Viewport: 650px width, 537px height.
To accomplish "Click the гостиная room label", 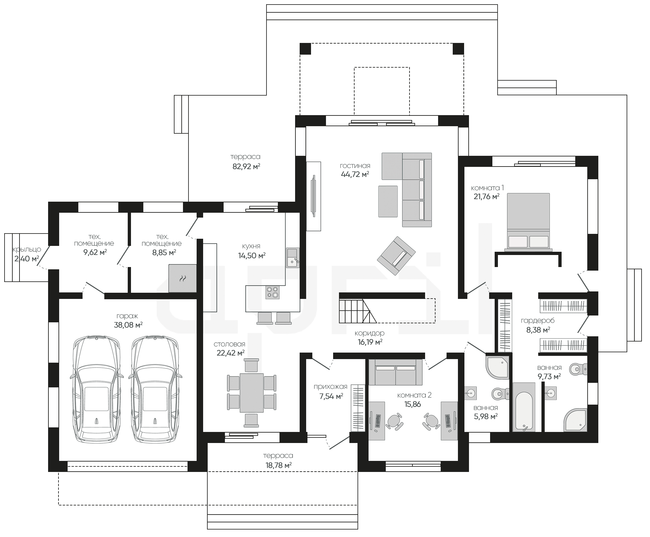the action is click(x=355, y=166).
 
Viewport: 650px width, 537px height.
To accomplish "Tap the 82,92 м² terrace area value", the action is click(x=246, y=167).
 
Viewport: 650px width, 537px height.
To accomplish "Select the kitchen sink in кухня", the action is click(x=293, y=258).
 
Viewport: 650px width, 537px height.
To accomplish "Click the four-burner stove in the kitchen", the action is click(x=272, y=292).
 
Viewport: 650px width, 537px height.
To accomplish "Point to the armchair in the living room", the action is click(x=396, y=256).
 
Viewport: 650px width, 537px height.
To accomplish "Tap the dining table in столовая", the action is click(x=252, y=393).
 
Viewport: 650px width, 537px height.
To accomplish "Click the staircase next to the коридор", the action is click(x=357, y=311).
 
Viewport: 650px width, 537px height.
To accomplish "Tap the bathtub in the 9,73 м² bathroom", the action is click(x=524, y=407).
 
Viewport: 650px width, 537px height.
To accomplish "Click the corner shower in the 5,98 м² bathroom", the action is click(x=497, y=368).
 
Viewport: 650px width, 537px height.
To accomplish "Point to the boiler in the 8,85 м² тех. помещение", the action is click(x=182, y=278).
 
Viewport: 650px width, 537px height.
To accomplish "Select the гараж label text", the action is click(x=127, y=316).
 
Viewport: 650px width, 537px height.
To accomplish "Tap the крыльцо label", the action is click(x=27, y=249).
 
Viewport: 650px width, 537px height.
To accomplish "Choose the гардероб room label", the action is click(x=538, y=321).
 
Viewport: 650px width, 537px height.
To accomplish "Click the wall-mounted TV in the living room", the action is click(x=314, y=196).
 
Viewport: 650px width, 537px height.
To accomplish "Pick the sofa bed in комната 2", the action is click(x=396, y=372).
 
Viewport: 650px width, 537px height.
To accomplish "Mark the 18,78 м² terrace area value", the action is click(x=279, y=465).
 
